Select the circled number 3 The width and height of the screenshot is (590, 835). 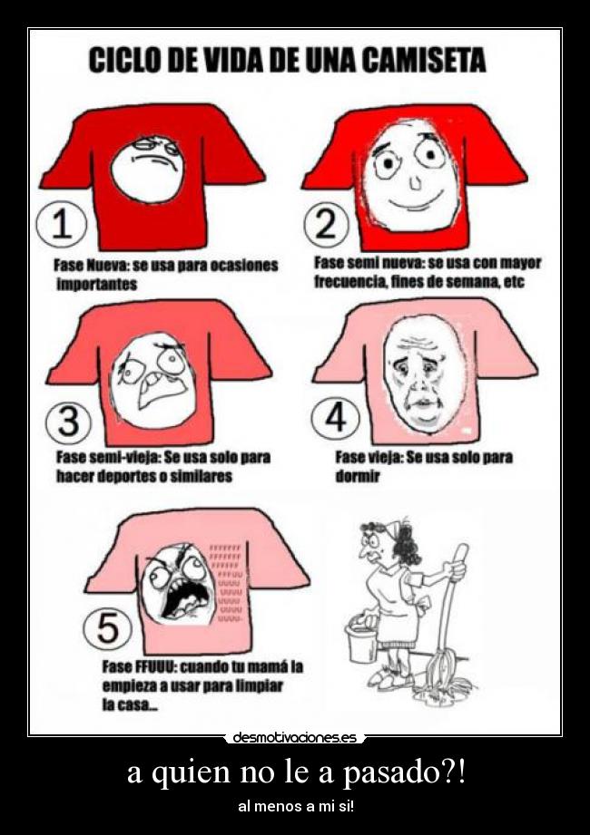(x=68, y=420)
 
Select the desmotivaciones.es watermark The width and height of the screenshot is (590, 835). (x=294, y=738)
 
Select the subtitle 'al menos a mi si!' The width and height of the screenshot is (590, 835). (x=295, y=806)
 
